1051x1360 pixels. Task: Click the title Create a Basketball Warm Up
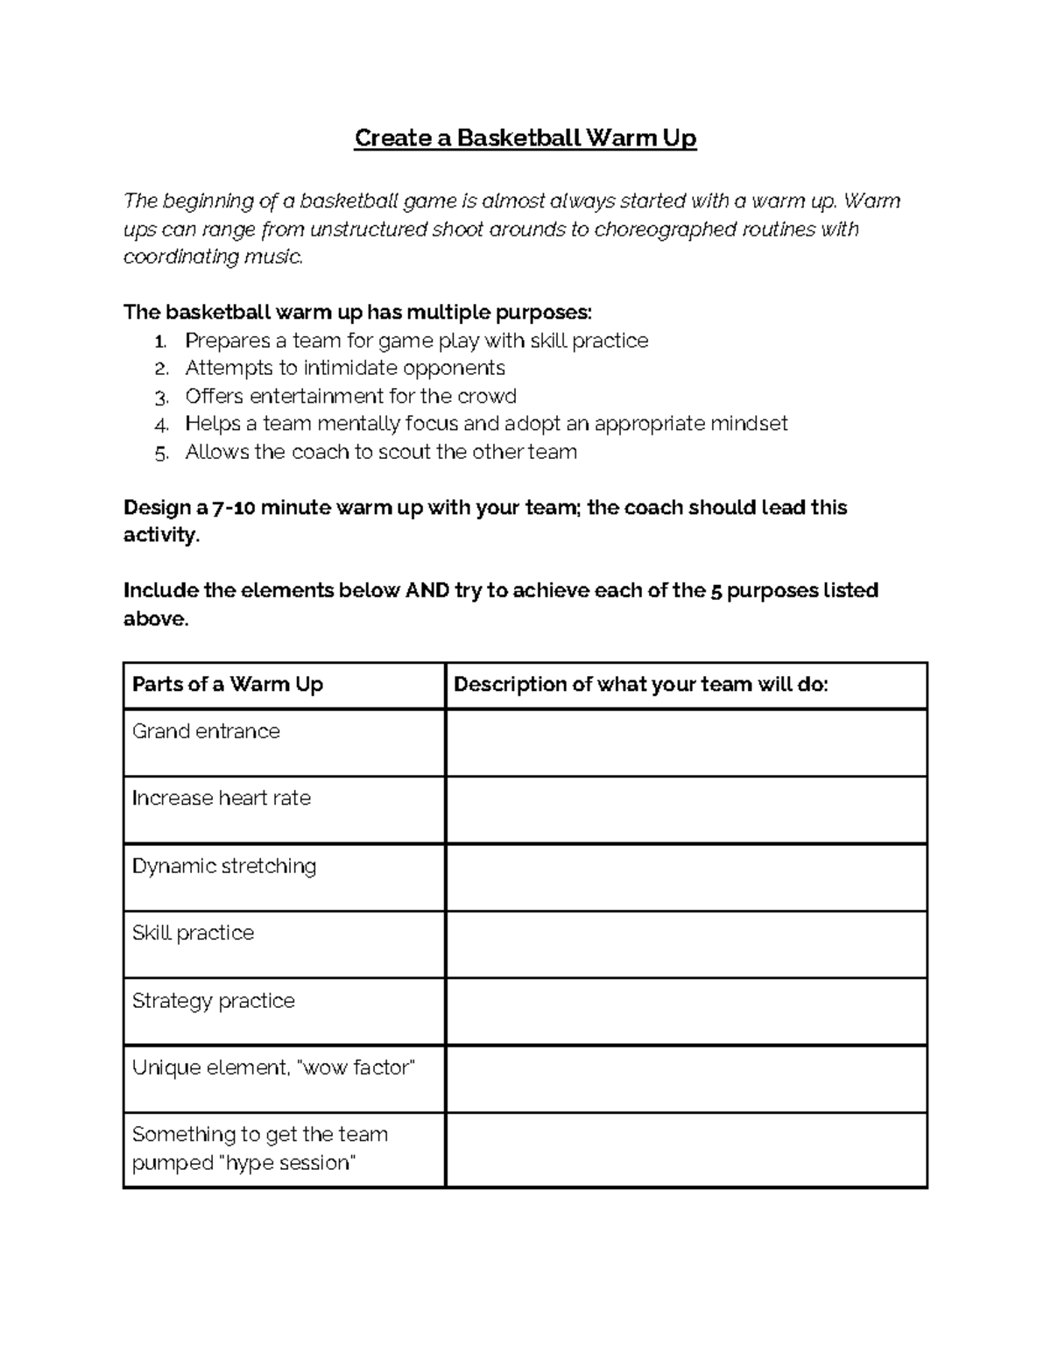click(x=525, y=138)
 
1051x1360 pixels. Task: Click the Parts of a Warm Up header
click(x=228, y=685)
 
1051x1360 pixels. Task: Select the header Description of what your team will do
click(x=640, y=685)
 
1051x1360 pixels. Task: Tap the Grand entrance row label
click(x=206, y=731)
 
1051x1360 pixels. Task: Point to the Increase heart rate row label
click(x=221, y=799)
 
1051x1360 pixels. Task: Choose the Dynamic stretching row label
click(x=224, y=866)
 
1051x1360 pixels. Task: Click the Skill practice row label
click(x=193, y=934)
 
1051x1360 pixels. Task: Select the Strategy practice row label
click(x=213, y=1001)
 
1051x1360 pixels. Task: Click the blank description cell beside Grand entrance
click(x=686, y=743)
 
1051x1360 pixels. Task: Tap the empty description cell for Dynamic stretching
click(x=686, y=877)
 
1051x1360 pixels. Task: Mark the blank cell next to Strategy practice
click(x=686, y=1012)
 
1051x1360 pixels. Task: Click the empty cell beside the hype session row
click(x=686, y=1150)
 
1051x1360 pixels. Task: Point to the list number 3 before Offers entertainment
click(x=160, y=398)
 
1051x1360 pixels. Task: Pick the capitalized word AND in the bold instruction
click(x=427, y=591)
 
